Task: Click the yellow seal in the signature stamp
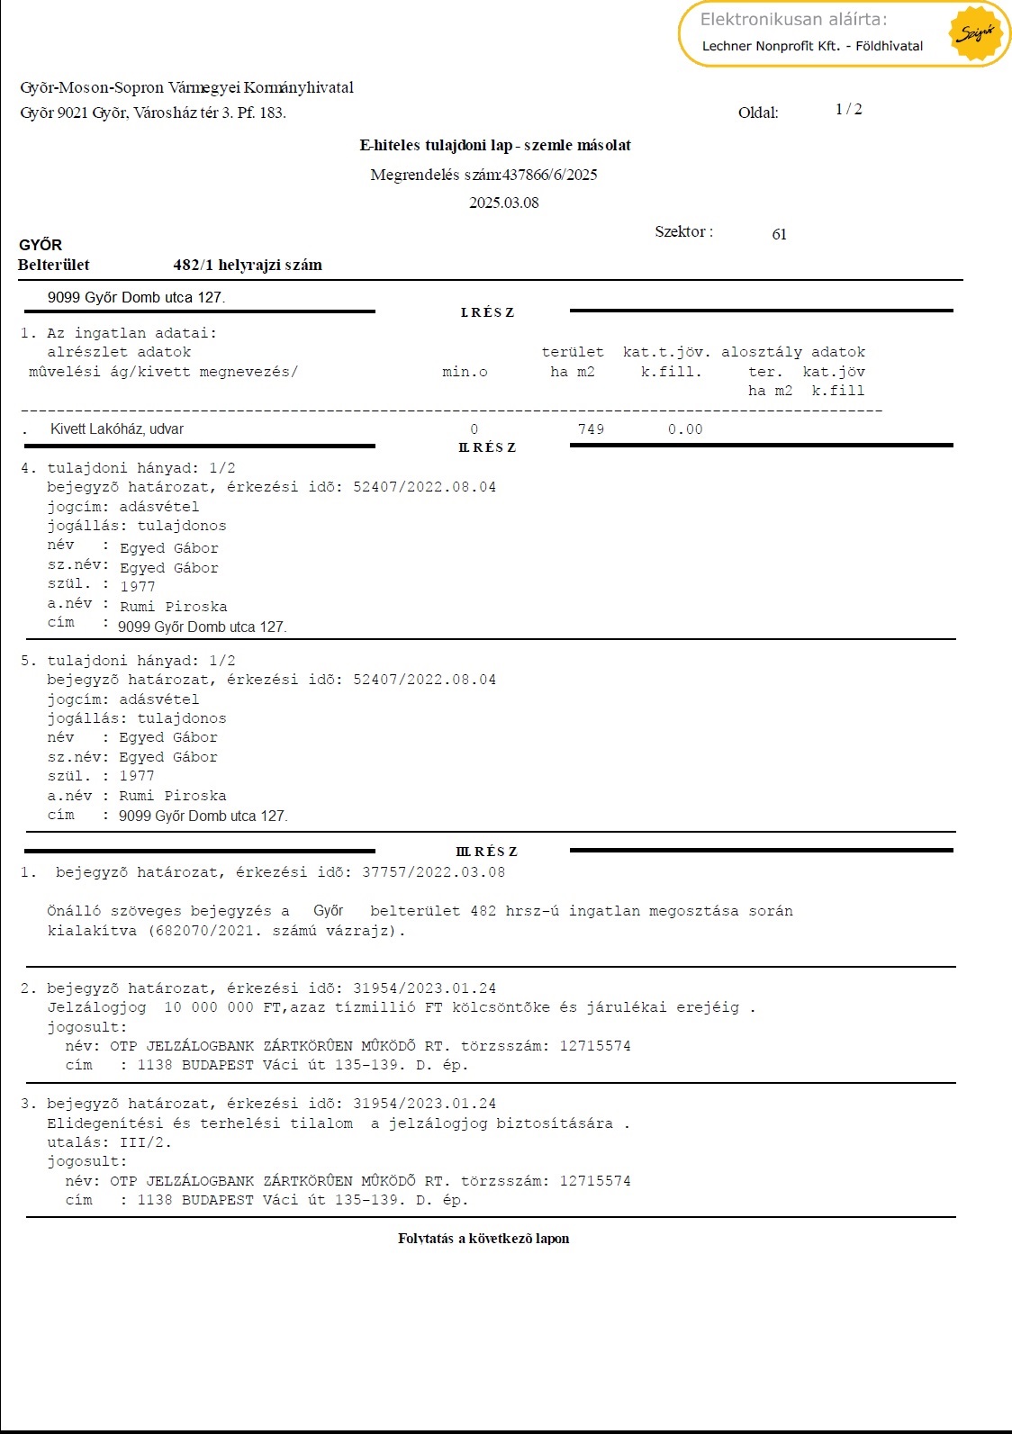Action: click(976, 33)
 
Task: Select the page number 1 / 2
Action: click(848, 109)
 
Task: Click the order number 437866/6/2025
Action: click(550, 175)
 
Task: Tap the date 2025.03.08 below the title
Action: click(503, 203)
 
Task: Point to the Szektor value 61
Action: click(779, 234)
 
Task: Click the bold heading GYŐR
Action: click(41, 245)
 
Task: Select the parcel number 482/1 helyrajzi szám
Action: click(248, 265)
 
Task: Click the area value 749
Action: click(591, 429)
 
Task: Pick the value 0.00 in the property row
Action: click(684, 429)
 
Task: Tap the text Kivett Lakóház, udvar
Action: click(117, 429)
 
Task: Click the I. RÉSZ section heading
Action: click(487, 312)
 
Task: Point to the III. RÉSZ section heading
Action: click(487, 852)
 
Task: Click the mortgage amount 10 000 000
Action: click(208, 1007)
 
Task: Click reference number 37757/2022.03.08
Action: click(433, 872)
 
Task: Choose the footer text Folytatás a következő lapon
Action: click(483, 1239)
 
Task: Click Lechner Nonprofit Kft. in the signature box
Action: click(771, 46)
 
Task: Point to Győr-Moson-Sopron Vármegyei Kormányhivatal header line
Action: click(187, 87)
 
